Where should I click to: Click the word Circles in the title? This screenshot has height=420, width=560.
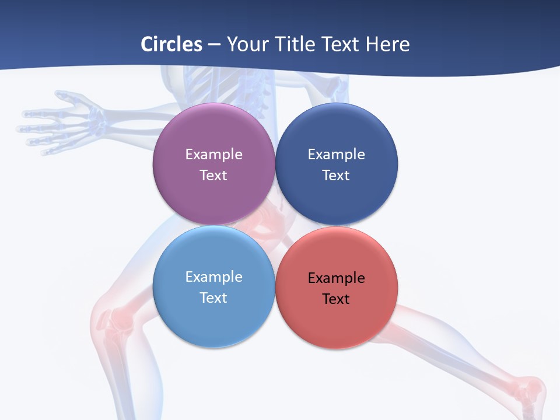(x=171, y=44)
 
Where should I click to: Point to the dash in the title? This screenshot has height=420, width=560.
(x=214, y=45)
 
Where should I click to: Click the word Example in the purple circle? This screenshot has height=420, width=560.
(x=213, y=155)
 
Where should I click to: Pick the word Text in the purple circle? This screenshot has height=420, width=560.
(x=213, y=176)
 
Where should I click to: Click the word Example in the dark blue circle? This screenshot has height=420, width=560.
(x=336, y=155)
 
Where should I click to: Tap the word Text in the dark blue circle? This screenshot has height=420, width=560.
(x=336, y=176)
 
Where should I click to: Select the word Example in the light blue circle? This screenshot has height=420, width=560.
(x=213, y=277)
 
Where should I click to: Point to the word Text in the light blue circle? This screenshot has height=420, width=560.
(x=213, y=298)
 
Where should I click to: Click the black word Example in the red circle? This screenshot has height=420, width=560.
(x=336, y=278)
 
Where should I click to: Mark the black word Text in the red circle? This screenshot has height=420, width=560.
(x=336, y=299)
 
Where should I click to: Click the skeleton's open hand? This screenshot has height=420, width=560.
(x=64, y=123)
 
